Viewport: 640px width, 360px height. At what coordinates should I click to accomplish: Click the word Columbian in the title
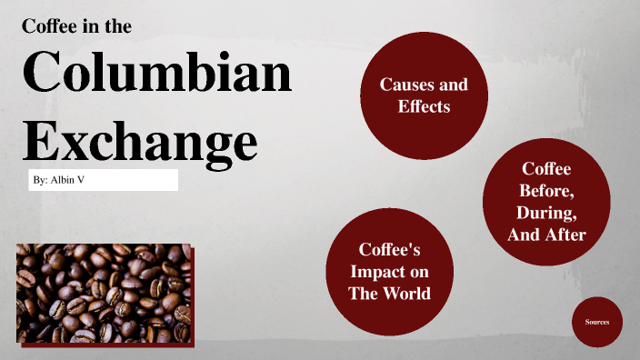[x=156, y=75]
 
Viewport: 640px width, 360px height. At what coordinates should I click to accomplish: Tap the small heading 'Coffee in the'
[x=77, y=26]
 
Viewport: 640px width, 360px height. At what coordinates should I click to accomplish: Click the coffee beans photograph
[x=104, y=293]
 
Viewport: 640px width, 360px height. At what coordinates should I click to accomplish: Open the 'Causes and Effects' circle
[x=424, y=95]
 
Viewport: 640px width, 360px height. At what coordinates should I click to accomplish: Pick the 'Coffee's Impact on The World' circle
[x=389, y=271]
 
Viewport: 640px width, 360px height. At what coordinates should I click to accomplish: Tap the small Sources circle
[x=597, y=322]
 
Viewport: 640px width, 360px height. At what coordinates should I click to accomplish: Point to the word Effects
[x=424, y=106]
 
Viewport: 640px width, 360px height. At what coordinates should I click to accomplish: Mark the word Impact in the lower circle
[x=389, y=271]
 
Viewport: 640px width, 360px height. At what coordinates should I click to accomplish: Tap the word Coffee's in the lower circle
[x=389, y=249]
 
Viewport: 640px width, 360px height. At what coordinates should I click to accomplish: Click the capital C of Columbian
[x=45, y=75]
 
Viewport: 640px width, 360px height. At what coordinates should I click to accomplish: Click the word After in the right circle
[x=566, y=235]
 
